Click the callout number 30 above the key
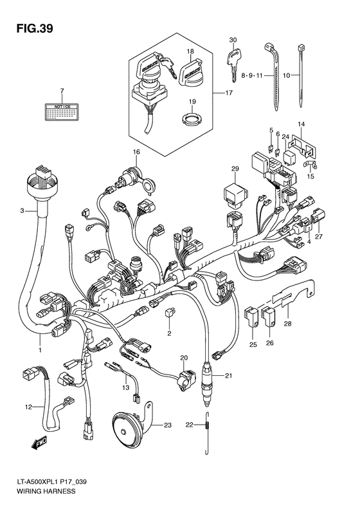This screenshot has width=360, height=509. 233,39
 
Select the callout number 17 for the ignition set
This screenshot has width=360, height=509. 228,93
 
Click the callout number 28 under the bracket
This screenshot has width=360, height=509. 287,324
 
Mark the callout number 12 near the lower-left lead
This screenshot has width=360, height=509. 28,407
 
